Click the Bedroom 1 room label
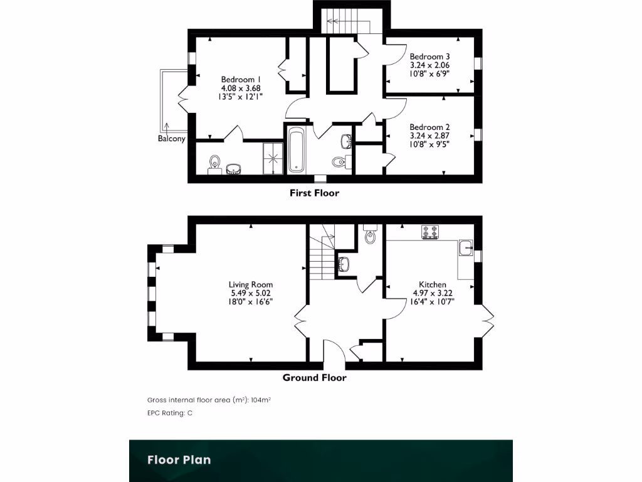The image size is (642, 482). [241, 79]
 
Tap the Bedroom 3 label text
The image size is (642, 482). [429, 56]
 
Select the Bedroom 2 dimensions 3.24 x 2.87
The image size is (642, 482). [429, 135]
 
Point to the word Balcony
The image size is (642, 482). [171, 139]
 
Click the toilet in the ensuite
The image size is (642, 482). [215, 162]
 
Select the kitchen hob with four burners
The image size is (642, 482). [430, 232]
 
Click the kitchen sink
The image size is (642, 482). [466, 249]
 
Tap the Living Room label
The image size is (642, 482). [250, 284]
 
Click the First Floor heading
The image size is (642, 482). [314, 193]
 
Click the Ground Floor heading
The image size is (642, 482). [314, 377]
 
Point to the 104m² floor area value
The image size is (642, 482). [260, 400]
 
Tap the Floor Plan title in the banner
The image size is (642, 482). [179, 459]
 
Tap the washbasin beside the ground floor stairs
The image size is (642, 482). [344, 264]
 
